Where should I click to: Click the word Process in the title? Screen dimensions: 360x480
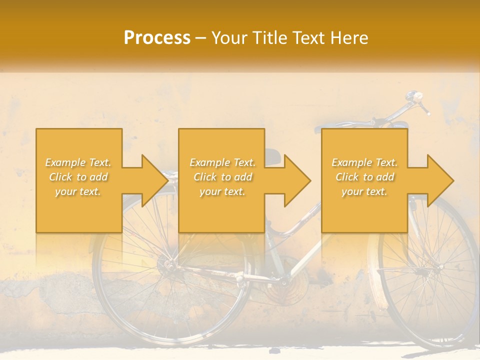157,38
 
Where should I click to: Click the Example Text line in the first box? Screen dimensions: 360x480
78,162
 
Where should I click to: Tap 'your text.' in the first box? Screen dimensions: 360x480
78,191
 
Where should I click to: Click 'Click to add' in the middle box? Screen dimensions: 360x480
222,177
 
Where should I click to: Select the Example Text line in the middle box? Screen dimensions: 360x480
222,162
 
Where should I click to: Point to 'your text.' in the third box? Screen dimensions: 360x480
364,191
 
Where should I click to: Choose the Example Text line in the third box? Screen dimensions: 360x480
364,162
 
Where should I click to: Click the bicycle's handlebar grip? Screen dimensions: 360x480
424,106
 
